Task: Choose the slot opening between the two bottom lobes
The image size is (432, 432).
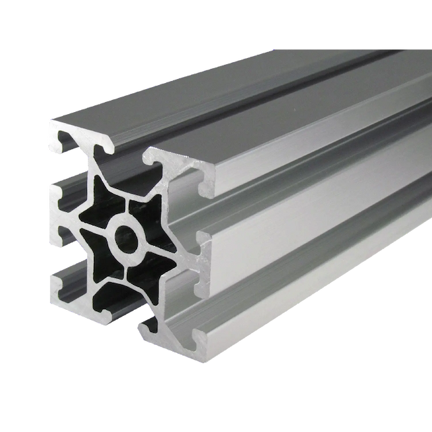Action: click(122, 317)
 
